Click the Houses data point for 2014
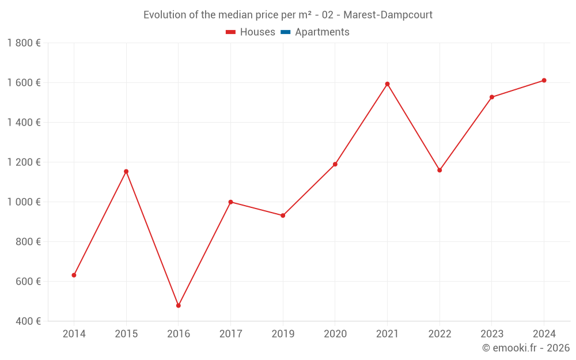click(x=74, y=275)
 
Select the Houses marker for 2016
click(x=179, y=306)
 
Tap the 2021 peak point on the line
click(x=387, y=84)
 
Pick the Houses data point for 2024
click(x=544, y=81)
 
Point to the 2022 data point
click(x=439, y=170)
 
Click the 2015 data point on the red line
click(x=126, y=172)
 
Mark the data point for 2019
click(x=283, y=215)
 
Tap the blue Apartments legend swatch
click(x=285, y=32)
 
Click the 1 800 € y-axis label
click(x=24, y=43)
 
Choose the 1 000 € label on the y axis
click(x=24, y=202)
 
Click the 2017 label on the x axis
click(x=230, y=334)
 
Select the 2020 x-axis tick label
click(x=335, y=334)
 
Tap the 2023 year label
click(x=491, y=334)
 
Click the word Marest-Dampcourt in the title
click(x=388, y=15)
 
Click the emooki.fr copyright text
click(x=525, y=348)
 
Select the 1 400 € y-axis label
click(x=24, y=123)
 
